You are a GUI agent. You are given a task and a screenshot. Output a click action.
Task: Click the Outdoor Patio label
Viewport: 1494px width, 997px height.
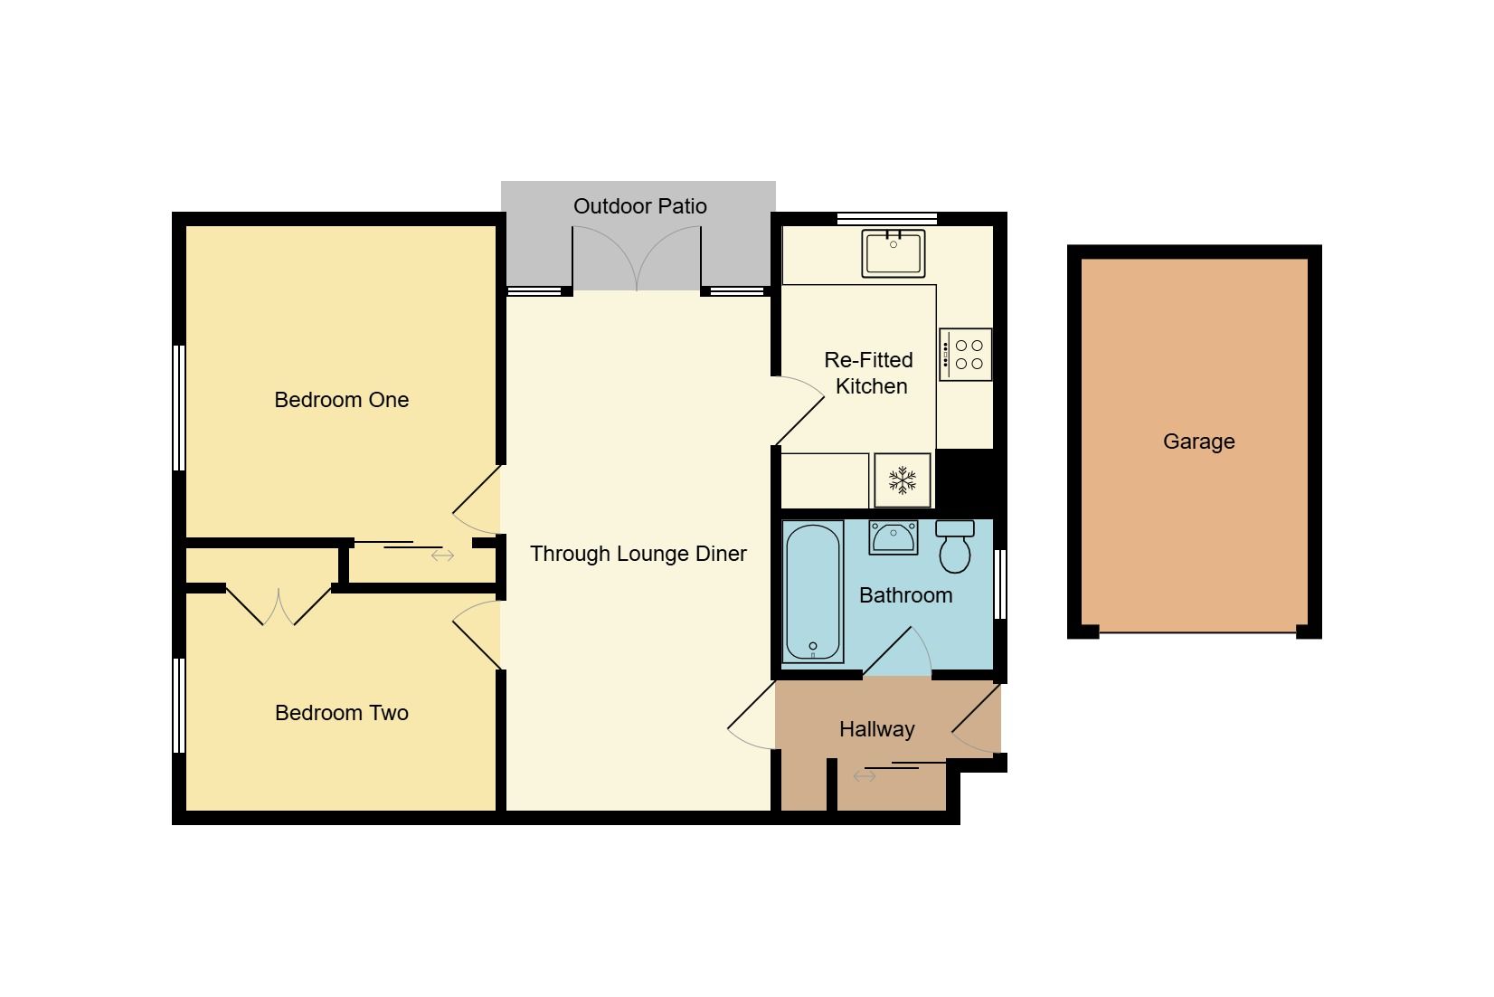click(x=639, y=206)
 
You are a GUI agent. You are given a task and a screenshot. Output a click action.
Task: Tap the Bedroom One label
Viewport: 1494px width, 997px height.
click(x=342, y=400)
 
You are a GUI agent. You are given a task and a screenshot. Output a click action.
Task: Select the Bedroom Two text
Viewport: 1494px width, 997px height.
click(x=342, y=713)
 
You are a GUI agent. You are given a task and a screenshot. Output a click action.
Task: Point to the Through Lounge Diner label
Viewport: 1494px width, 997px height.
click(x=638, y=554)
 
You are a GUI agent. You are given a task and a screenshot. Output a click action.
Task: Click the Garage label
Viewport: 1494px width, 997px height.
click(x=1198, y=442)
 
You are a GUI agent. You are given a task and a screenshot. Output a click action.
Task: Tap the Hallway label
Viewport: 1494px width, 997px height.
click(x=876, y=729)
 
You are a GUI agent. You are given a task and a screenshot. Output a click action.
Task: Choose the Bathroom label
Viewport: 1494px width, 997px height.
click(x=905, y=595)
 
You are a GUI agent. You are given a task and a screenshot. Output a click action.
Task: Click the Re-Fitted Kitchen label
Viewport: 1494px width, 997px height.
click(x=869, y=373)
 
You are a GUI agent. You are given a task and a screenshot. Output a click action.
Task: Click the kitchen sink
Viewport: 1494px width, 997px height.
click(x=894, y=253)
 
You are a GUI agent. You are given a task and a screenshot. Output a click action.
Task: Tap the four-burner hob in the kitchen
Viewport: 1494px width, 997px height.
click(x=965, y=355)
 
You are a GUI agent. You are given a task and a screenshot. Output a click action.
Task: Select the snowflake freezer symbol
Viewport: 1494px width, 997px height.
click(x=903, y=480)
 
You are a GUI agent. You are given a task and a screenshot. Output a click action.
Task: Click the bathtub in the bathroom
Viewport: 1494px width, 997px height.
click(x=813, y=592)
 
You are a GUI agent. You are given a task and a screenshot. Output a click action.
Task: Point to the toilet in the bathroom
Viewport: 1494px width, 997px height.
click(x=955, y=546)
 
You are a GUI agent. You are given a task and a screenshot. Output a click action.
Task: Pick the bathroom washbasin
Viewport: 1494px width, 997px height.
click(x=894, y=538)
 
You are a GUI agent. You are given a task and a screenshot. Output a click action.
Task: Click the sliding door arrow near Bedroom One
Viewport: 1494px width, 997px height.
click(x=442, y=555)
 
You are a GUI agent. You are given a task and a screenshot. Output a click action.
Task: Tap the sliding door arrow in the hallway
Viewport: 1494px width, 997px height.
click(x=865, y=776)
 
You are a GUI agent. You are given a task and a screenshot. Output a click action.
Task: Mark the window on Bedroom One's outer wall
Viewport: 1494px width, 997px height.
click(x=179, y=408)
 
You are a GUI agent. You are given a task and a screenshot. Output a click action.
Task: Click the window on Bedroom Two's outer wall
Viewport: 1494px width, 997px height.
click(x=179, y=706)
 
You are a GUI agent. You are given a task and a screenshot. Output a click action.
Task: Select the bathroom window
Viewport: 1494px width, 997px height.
click(x=1000, y=584)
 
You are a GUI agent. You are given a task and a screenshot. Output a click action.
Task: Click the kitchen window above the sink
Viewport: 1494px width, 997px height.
click(x=887, y=218)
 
